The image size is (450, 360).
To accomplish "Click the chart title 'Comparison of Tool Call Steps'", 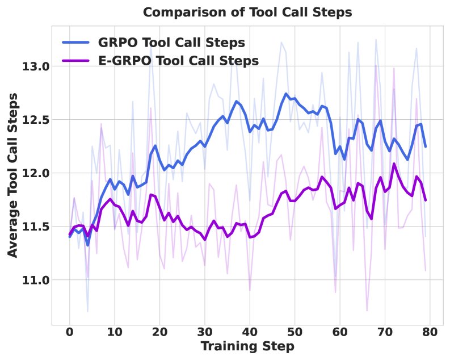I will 247,12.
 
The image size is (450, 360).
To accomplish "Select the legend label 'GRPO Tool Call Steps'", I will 171,43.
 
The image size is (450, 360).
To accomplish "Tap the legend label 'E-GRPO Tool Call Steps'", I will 179,60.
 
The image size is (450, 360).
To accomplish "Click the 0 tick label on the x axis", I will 69,330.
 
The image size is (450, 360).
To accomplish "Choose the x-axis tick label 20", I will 159,330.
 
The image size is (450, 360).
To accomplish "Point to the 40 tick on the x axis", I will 250,330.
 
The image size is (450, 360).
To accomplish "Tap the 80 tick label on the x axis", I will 430,330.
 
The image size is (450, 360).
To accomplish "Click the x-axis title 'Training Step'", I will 247,346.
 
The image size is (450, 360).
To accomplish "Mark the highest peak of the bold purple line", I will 394,164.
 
